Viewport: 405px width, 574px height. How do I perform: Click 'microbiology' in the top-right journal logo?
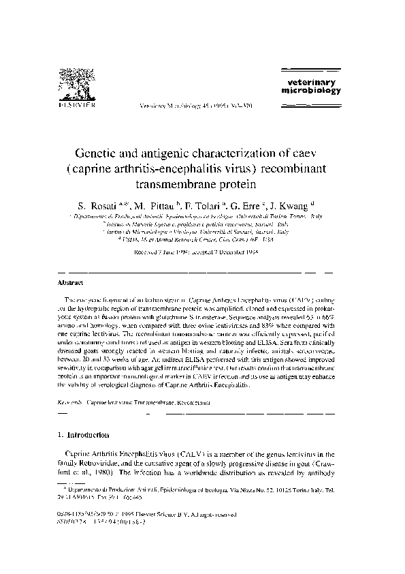[304, 90]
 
